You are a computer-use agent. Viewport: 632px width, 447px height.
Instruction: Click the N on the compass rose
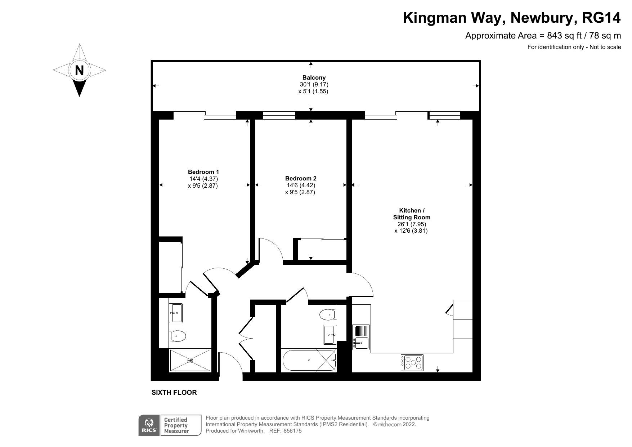pyautogui.click(x=79, y=70)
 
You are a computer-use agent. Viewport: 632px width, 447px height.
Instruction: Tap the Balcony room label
pyautogui.click(x=314, y=77)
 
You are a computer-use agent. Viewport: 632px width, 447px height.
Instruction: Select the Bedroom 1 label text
pyautogui.click(x=203, y=172)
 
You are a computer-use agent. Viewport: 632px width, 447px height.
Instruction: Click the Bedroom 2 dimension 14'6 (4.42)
pyautogui.click(x=301, y=185)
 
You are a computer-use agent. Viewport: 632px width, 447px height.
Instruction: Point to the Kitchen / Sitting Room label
pyautogui.click(x=412, y=214)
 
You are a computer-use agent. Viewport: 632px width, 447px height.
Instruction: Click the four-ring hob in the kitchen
pyautogui.click(x=412, y=363)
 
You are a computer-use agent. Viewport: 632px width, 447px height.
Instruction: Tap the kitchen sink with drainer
pyautogui.click(x=361, y=337)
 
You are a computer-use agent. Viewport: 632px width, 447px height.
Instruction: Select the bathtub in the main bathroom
pyautogui.click(x=309, y=361)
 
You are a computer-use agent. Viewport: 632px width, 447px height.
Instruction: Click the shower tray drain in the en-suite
pyautogui.click(x=190, y=360)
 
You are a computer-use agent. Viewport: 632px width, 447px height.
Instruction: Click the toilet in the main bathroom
pyautogui.click(x=328, y=314)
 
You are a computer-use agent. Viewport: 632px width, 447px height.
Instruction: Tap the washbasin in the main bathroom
pyautogui.click(x=330, y=335)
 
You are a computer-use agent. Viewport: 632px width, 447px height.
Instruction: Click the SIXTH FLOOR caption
pyautogui.click(x=174, y=393)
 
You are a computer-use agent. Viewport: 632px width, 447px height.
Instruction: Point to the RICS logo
pyautogui.click(x=149, y=425)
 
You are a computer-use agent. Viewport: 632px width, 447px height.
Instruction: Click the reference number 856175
pyautogui.click(x=292, y=431)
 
